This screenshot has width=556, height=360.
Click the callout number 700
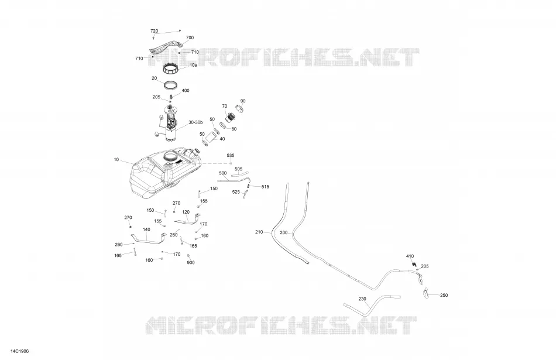(190, 37)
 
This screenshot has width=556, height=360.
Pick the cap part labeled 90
(241, 108)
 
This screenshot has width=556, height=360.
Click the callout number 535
(231, 155)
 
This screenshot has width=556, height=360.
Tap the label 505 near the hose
(239, 169)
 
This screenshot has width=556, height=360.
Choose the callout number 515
(265, 187)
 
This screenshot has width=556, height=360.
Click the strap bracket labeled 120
(187, 220)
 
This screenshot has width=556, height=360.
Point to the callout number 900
(191, 262)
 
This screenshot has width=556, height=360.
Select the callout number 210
(259, 232)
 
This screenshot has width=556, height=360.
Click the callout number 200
(284, 232)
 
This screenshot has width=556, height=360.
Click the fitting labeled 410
(414, 264)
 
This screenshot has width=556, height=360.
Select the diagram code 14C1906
(19, 351)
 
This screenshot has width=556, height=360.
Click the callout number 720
(155, 31)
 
